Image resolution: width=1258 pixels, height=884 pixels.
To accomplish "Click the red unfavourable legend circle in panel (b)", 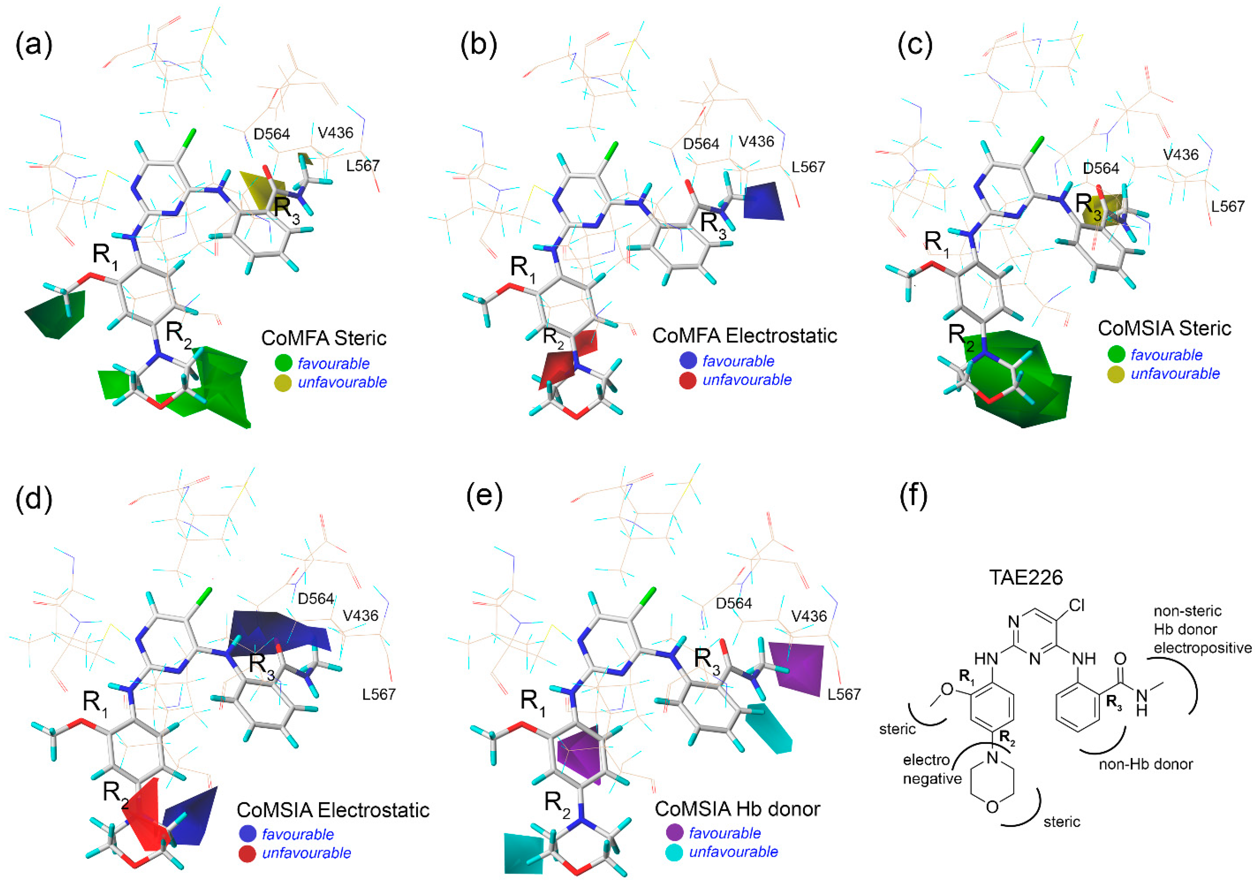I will click(x=688, y=380).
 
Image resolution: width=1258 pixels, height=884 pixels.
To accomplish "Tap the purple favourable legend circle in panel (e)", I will click(x=674, y=833).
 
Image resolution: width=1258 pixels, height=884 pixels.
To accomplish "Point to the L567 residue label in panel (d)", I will click(x=379, y=695).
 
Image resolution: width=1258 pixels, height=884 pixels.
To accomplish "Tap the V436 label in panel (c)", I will click(x=1181, y=155).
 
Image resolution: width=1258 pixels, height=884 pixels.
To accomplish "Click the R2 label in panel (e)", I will click(x=558, y=803).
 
